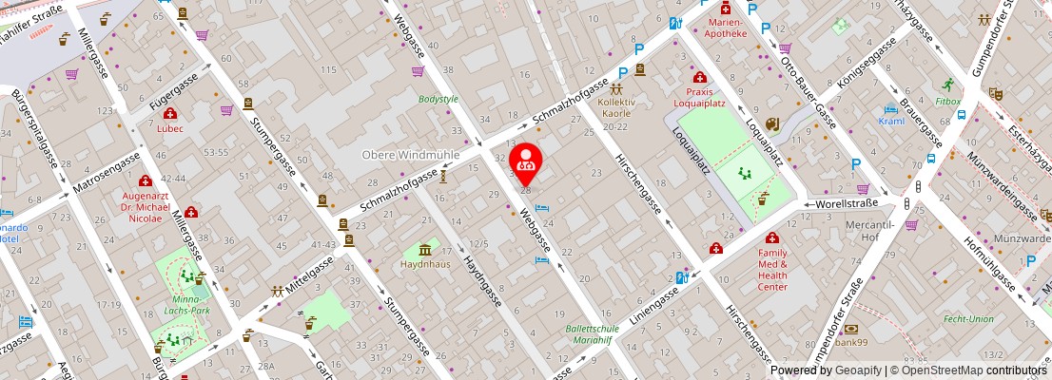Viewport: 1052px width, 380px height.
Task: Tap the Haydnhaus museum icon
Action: (x=424, y=250)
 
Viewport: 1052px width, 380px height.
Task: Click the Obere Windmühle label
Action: (x=411, y=154)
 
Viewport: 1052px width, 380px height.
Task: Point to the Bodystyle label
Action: (x=438, y=99)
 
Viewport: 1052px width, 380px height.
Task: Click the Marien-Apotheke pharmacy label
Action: (x=726, y=27)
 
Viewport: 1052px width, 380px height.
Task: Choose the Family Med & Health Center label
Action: (x=772, y=270)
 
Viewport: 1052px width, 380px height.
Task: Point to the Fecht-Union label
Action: (x=968, y=319)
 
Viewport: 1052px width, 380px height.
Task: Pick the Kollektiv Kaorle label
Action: (x=615, y=119)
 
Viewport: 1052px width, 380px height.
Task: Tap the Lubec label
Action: (x=170, y=127)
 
